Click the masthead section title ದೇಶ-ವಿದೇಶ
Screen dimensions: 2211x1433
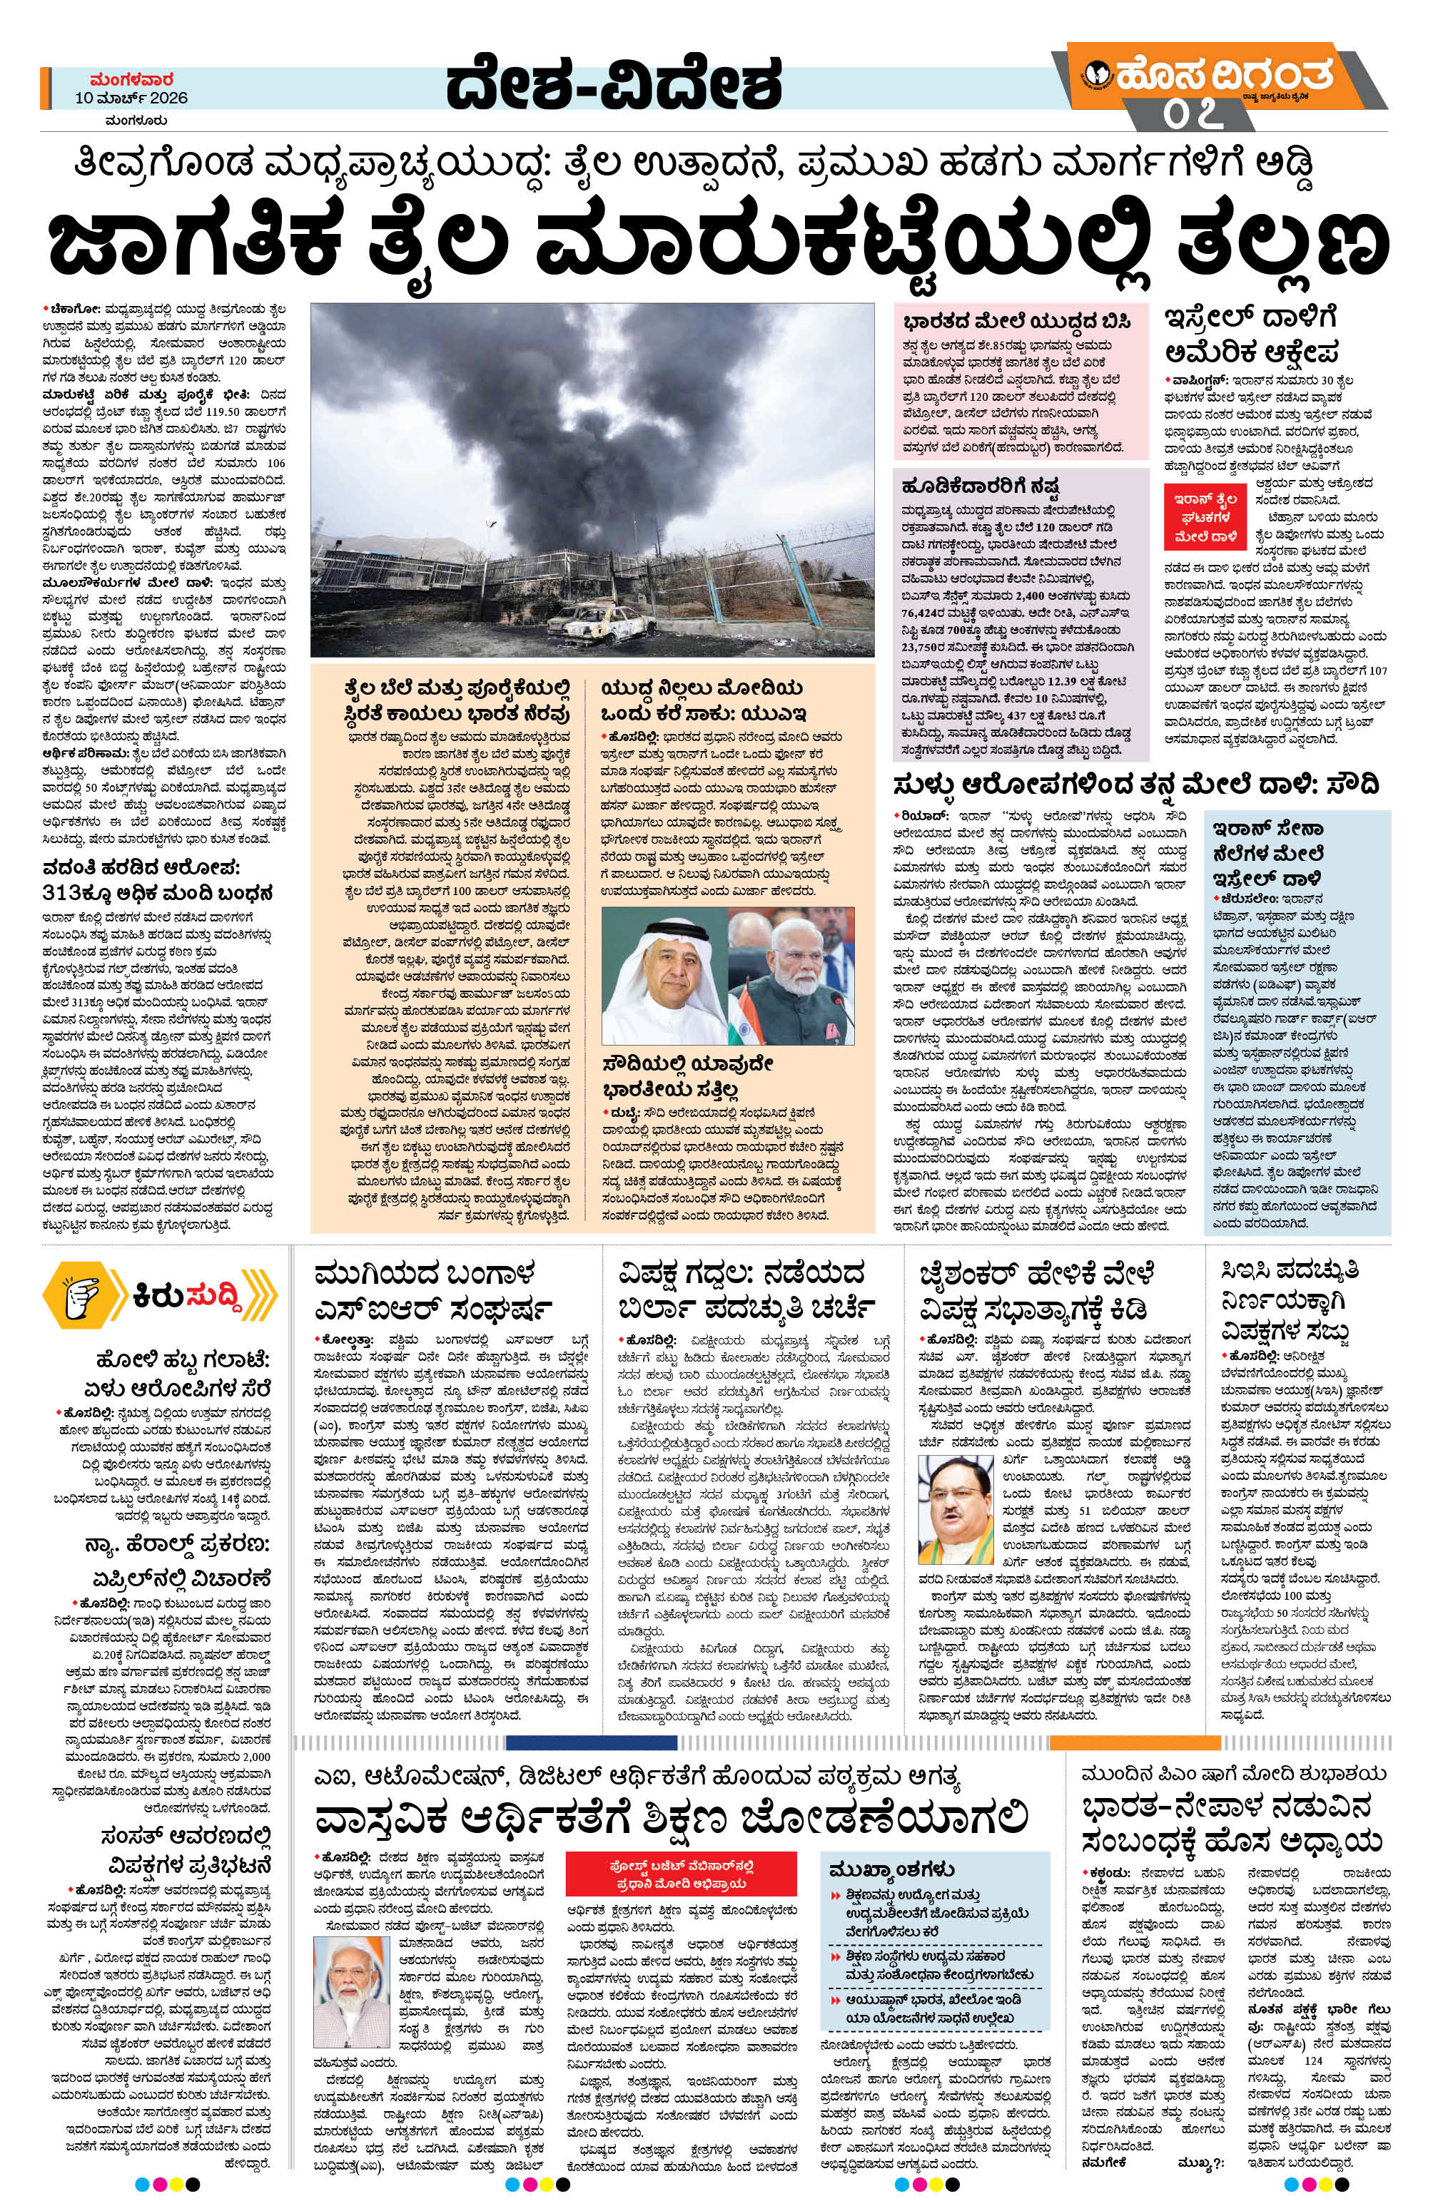pos(613,86)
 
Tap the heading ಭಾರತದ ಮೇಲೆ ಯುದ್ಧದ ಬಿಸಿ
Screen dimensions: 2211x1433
pos(1017,322)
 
